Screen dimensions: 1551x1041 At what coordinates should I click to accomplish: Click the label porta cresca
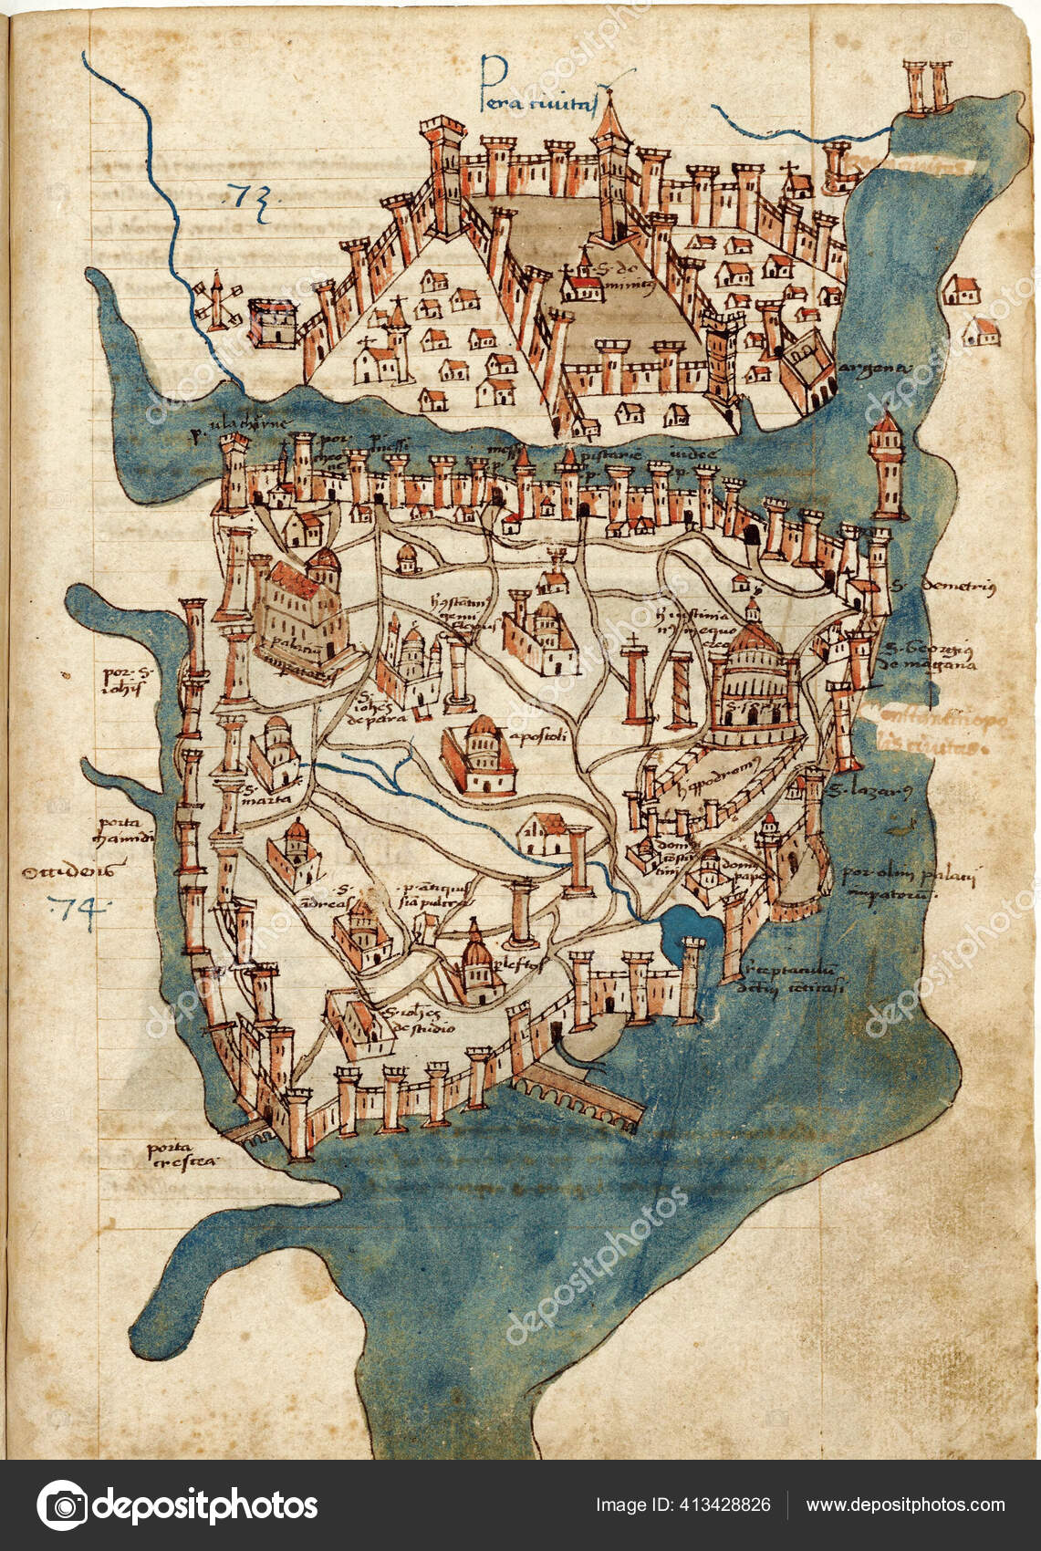click(x=182, y=1155)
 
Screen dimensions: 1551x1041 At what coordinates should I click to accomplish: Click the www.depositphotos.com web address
click(x=905, y=1505)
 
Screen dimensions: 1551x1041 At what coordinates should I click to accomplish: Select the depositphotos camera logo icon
click(x=62, y=1505)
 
